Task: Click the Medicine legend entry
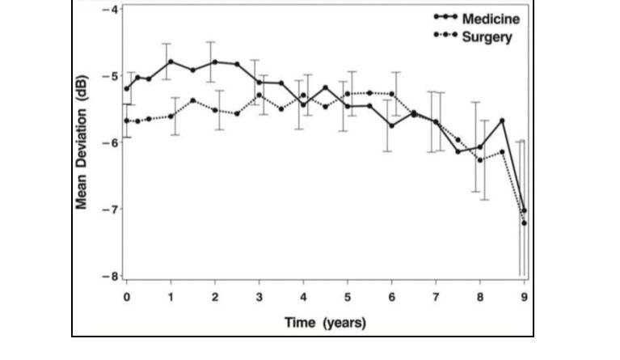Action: (477, 19)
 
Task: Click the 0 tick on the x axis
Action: (127, 297)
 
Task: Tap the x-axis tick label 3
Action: (259, 297)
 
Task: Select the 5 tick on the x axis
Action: (348, 297)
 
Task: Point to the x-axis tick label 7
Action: (436, 297)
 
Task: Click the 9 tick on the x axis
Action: (525, 297)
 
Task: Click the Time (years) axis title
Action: (325, 323)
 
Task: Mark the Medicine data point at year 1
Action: (171, 61)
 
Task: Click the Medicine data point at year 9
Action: (525, 210)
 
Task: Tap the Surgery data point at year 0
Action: (127, 121)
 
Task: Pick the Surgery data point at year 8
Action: (480, 160)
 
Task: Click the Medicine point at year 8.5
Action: (502, 121)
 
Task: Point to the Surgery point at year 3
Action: (259, 95)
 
